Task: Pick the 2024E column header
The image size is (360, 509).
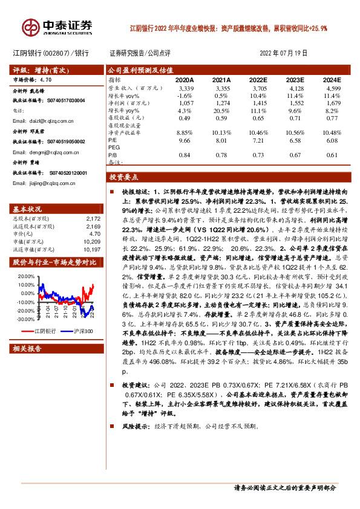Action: tap(332, 80)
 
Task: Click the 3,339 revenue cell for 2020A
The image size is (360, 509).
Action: tap(185, 88)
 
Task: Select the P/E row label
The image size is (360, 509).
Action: tap(113, 140)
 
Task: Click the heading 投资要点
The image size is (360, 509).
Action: tap(124, 178)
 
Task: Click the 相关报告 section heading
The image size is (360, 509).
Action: tap(27, 349)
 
